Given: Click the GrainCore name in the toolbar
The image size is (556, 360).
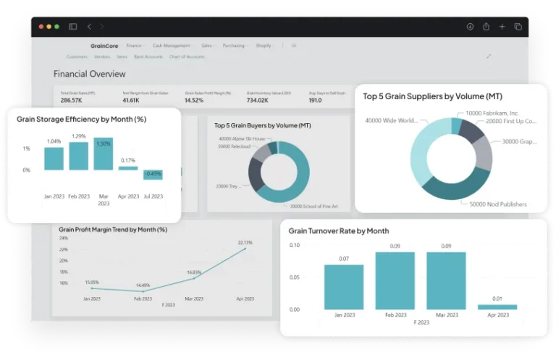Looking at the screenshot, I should tap(104, 46).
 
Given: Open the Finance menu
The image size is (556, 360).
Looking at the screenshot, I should tap(134, 46).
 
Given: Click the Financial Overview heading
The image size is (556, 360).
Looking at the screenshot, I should tap(89, 74).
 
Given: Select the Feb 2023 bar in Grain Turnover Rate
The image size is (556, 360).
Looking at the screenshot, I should tap(395, 280).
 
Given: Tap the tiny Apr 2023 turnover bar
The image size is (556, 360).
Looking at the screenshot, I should tap(497, 306).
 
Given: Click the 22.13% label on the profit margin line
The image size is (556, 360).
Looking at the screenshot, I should tap(245, 243).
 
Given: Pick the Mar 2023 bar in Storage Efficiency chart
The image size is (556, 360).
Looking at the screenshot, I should tap(104, 154).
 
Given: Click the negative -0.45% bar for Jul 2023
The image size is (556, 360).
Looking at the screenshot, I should tap(153, 175).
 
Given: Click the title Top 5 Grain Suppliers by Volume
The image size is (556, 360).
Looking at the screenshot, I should tap(432, 96).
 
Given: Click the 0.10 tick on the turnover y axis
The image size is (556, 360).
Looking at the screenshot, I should tap(294, 246).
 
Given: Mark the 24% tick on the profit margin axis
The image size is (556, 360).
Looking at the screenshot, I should tap(64, 238).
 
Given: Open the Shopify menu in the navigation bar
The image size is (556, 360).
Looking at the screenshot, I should tap(264, 46).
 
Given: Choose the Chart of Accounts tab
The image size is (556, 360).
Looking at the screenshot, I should tap(187, 56).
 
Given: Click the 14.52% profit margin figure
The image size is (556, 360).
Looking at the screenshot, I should tap(194, 101).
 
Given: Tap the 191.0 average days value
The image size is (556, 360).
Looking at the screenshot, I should tap(316, 101).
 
